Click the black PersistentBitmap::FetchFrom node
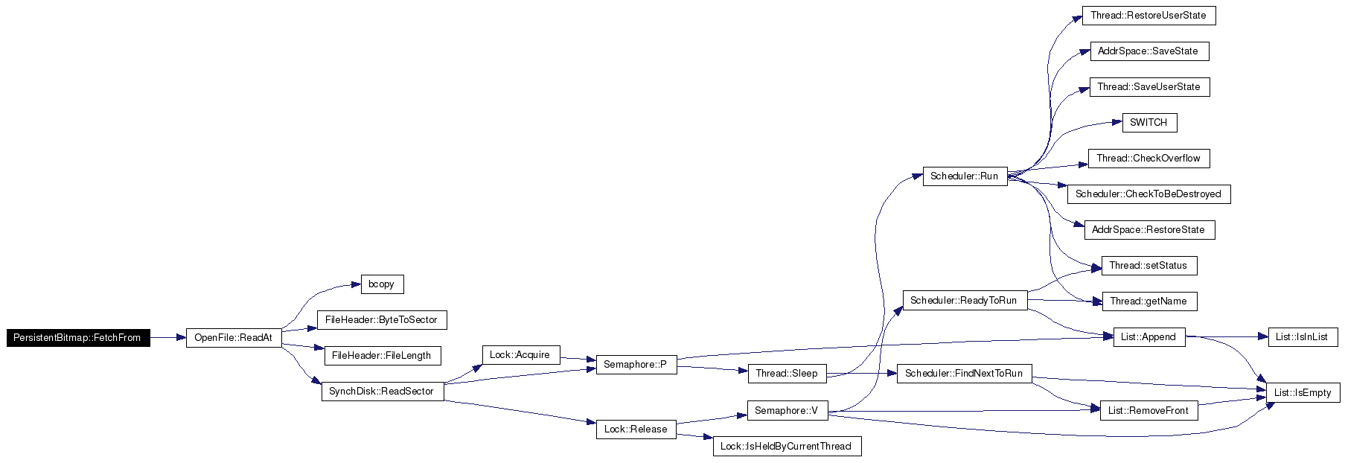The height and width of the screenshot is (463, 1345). click(78, 338)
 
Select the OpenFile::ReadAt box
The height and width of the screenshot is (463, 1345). click(234, 338)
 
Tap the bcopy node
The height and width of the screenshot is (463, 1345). click(382, 284)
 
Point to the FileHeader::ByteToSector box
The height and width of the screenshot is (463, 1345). click(382, 320)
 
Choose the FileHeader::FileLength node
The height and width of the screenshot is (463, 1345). click(382, 356)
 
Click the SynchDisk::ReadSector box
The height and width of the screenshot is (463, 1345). click(382, 392)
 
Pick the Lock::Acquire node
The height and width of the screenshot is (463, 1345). click(520, 355)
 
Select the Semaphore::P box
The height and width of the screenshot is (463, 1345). click(636, 365)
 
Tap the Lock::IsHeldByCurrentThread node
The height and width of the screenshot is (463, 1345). click(787, 447)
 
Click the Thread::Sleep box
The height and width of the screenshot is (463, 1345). click(787, 374)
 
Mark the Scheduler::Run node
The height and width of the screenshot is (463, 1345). click(965, 176)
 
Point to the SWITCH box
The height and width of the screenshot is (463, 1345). click(1149, 123)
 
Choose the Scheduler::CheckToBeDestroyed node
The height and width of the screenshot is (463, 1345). click(1149, 194)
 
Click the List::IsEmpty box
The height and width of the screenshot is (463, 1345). click(1303, 393)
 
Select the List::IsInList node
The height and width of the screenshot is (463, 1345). click(1303, 337)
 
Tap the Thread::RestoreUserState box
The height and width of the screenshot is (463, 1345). click(1149, 16)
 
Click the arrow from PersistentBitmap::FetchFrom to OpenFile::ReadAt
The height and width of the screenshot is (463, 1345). click(168, 338)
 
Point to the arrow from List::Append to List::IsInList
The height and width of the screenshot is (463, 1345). click(1227, 337)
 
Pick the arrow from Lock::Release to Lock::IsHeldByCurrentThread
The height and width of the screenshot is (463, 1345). click(694, 438)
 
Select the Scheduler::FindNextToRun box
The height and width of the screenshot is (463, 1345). click(964, 374)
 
